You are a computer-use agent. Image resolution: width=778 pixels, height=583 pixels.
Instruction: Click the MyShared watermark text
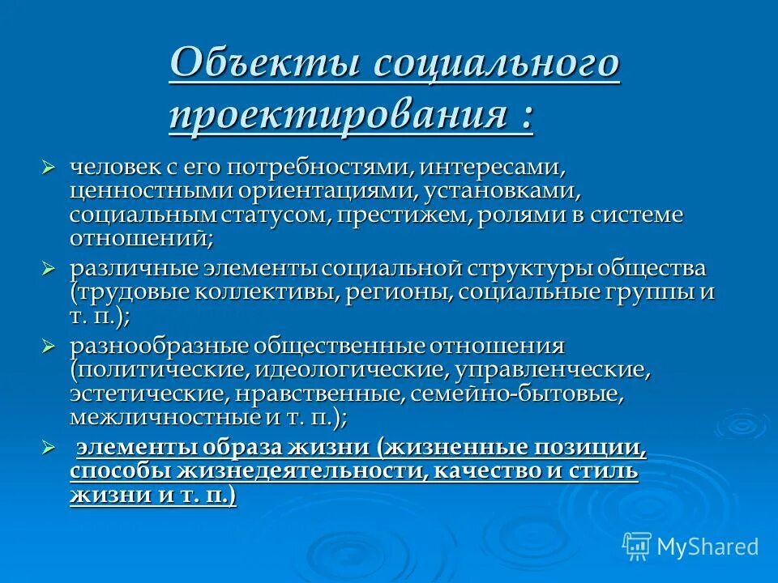click(x=707, y=547)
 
